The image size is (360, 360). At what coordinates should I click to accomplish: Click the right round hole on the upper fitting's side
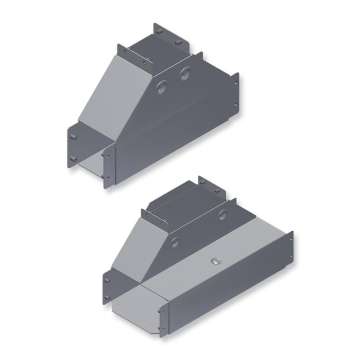pyautogui.click(x=185, y=74)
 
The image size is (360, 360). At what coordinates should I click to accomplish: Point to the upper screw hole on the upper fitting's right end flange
pyautogui.click(x=235, y=82)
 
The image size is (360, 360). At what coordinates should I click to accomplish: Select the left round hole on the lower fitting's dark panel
pyautogui.click(x=175, y=242)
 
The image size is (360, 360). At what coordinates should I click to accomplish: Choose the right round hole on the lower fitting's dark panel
pyautogui.click(x=222, y=214)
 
